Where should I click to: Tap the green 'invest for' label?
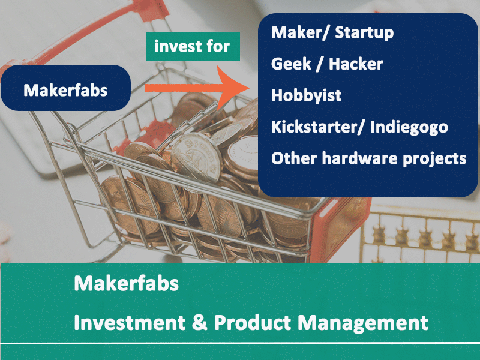[x=193, y=47]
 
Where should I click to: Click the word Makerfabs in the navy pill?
[x=65, y=91]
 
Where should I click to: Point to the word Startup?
[x=364, y=33]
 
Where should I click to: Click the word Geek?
[x=291, y=64]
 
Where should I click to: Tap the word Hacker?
[x=356, y=64]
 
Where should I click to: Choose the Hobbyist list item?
[x=307, y=95]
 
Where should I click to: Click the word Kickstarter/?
[x=317, y=127]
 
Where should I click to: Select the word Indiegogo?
[x=409, y=127]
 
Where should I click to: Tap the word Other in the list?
[x=294, y=158]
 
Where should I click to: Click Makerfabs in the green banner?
[x=127, y=283]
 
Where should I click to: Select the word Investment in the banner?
[x=130, y=322]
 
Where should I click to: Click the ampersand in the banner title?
[x=200, y=323]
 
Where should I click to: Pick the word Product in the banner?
[x=252, y=322]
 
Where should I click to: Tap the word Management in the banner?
[x=363, y=323]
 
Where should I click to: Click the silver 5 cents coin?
[x=197, y=158]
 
